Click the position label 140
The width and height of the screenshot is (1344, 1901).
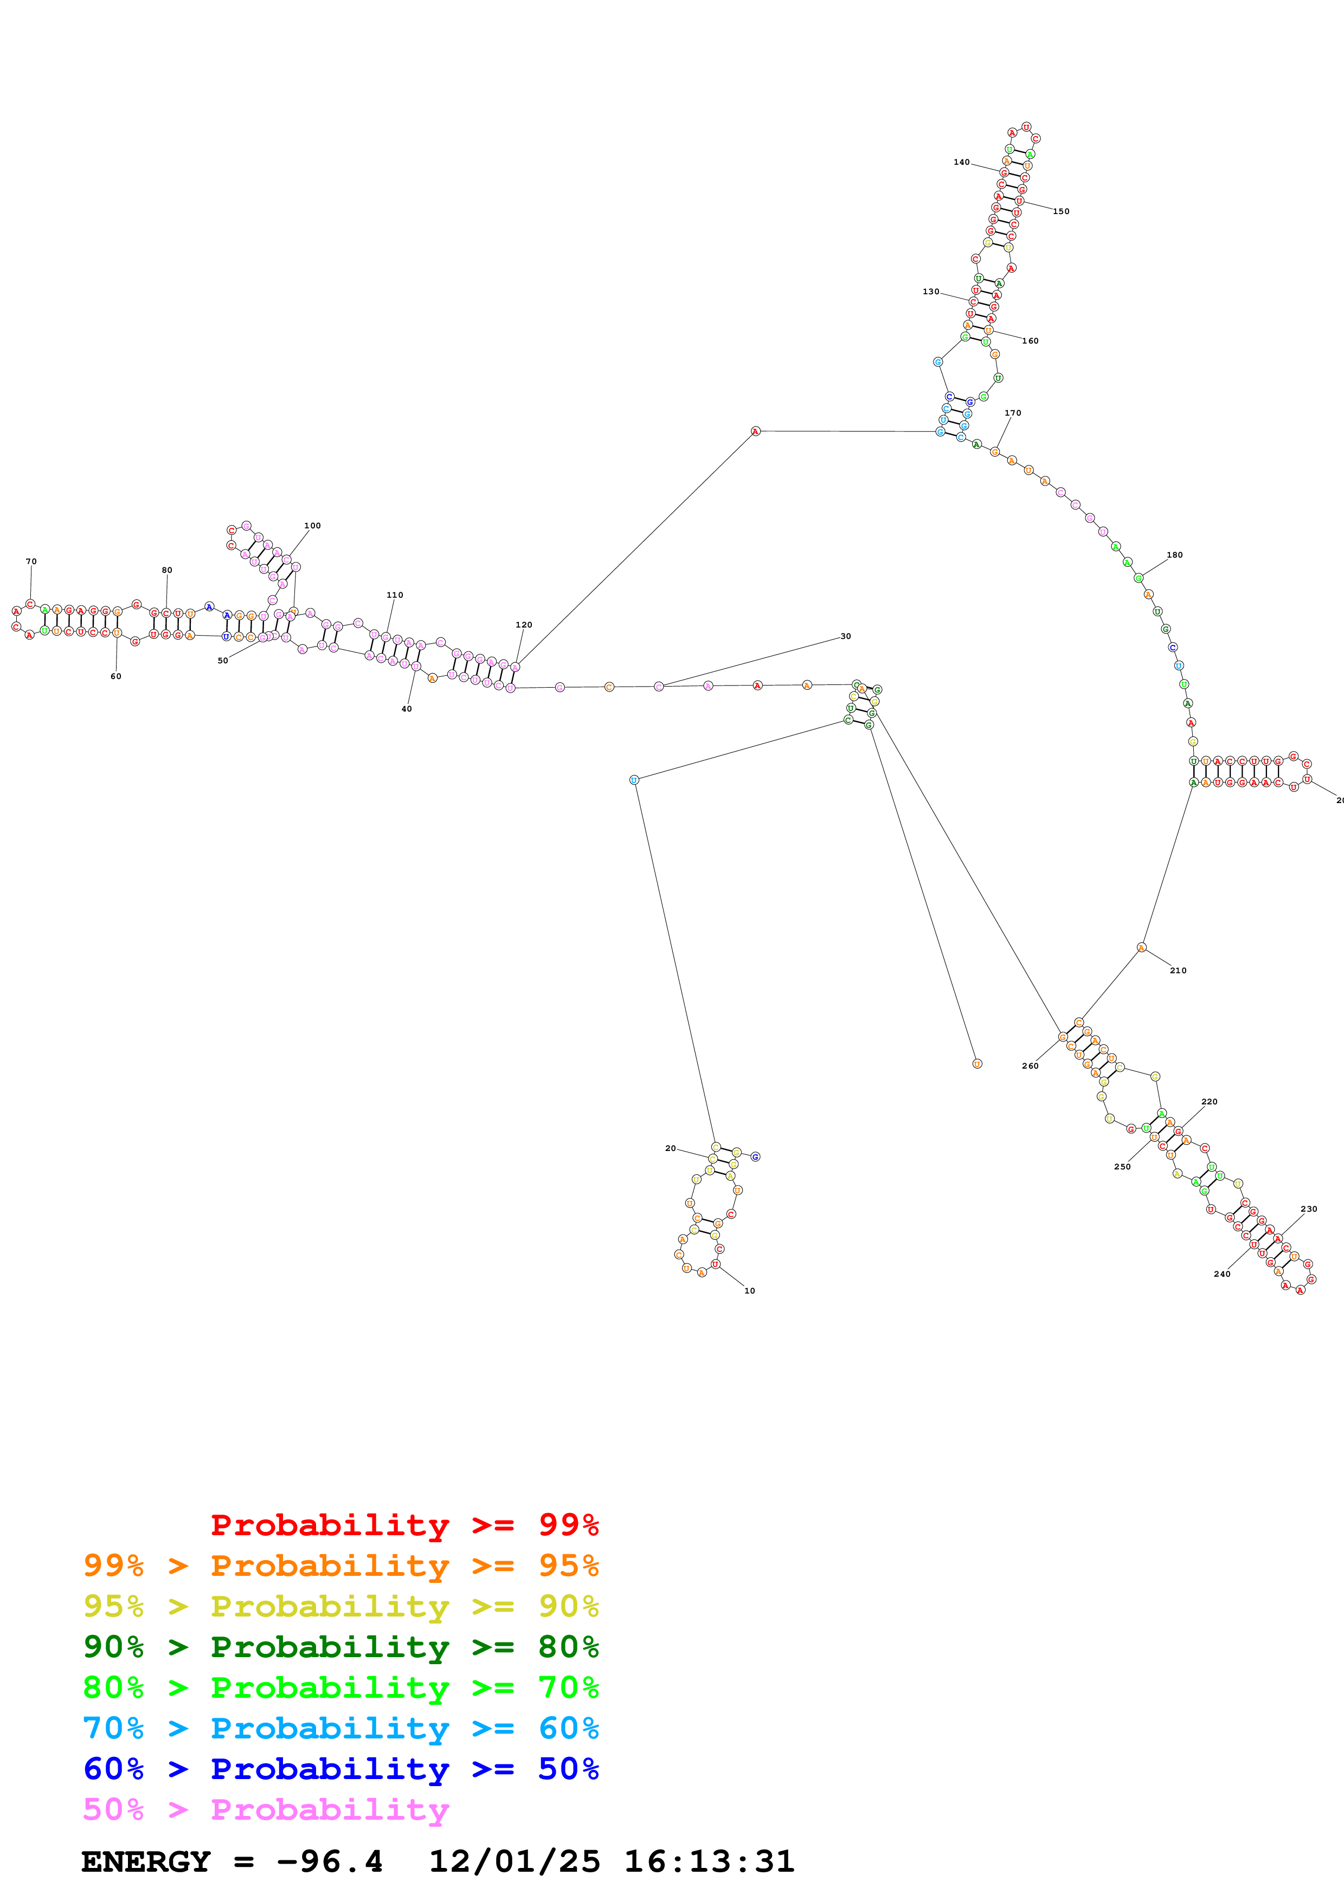coord(961,162)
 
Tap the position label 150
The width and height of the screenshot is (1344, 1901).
coord(1061,211)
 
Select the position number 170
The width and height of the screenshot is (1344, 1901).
coord(1013,412)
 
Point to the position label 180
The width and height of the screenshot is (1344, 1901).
coord(1174,555)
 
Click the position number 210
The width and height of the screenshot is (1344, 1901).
coord(1178,971)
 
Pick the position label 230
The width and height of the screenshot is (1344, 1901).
coord(1308,1209)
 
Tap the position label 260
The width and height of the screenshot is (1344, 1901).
coord(1030,1065)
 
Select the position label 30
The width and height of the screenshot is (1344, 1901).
coord(845,636)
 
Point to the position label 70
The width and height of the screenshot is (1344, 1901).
coord(31,561)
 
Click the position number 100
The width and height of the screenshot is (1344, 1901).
coord(312,526)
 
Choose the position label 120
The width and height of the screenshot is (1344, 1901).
coord(523,625)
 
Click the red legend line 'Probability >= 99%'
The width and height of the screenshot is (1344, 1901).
coord(404,1525)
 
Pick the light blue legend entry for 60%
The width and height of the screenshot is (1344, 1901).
coord(340,1728)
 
